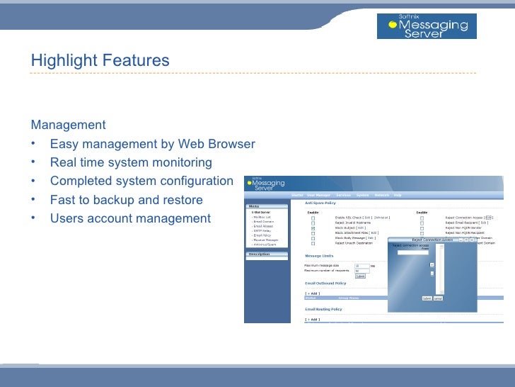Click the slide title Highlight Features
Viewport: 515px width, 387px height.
pyautogui.click(x=100, y=61)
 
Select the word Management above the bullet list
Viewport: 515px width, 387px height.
pyautogui.click(x=68, y=125)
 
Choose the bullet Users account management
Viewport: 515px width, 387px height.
pyautogui.click(x=130, y=218)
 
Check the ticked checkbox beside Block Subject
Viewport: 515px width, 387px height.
pyautogui.click(x=313, y=228)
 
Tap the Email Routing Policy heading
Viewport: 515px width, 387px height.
pyautogui.click(x=323, y=309)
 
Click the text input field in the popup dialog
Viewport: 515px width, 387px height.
pyautogui.click(x=413, y=253)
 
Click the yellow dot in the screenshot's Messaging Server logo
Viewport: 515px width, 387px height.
pyautogui.click(x=249, y=183)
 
